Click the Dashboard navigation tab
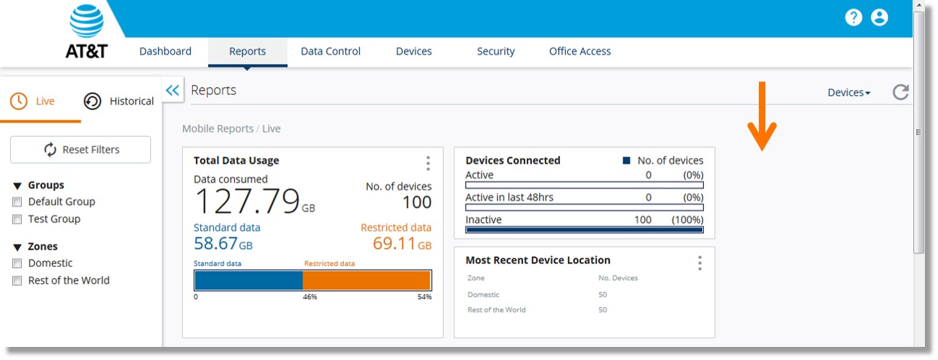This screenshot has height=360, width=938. [165, 52]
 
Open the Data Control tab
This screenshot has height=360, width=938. [330, 52]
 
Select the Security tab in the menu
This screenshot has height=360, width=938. [495, 52]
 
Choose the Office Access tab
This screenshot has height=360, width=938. [580, 52]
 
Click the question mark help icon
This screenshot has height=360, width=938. [853, 17]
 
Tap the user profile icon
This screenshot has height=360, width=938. [879, 17]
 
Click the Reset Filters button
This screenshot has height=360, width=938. [81, 150]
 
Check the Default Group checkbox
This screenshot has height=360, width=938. [17, 202]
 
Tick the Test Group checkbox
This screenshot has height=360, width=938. [17, 219]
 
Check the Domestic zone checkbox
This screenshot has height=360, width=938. [17, 263]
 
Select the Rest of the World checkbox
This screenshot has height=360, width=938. [17, 281]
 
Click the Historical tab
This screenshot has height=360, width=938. [120, 101]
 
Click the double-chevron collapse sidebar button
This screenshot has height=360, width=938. [172, 90]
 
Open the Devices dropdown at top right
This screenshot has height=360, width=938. [849, 92]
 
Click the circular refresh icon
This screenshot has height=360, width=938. [900, 92]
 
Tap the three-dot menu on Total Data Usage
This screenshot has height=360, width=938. [428, 163]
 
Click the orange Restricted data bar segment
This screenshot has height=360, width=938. [366, 280]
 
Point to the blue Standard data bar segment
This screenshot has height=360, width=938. [248, 280]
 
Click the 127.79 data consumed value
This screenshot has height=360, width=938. [248, 201]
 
